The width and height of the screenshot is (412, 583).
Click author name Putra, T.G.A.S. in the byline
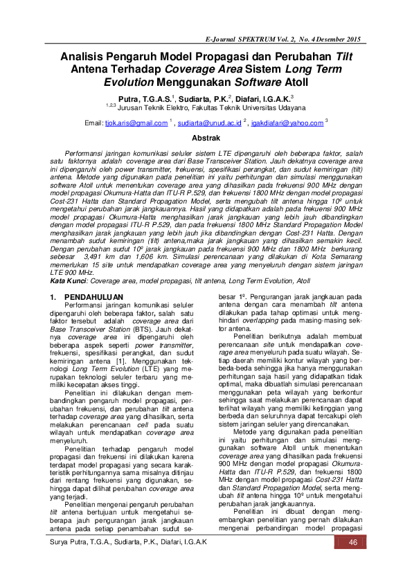click(x=144, y=99)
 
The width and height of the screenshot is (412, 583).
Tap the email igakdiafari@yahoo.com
click(x=287, y=123)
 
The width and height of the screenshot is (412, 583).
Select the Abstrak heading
click(x=205, y=138)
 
